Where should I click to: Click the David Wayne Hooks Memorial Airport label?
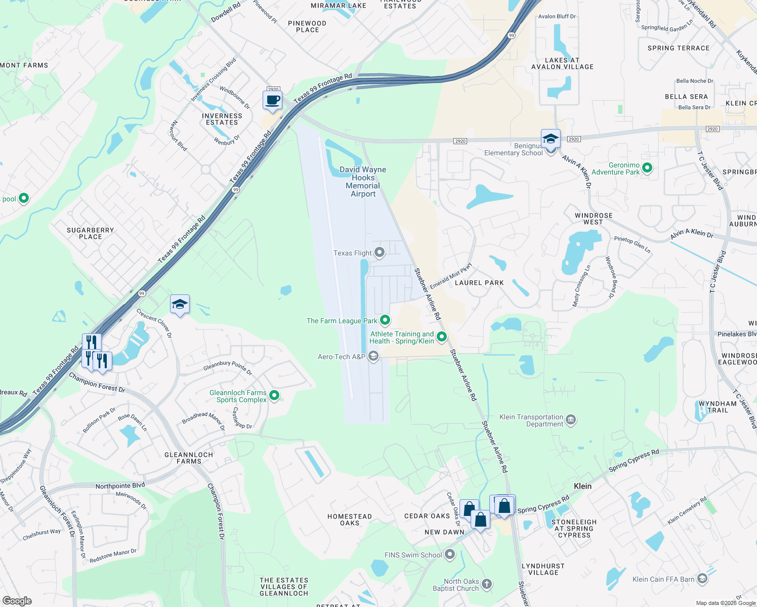tap(363, 182)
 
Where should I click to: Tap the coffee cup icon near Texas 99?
tap(272, 100)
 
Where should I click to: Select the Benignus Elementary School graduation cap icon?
tap(551, 139)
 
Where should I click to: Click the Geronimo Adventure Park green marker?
tap(647, 167)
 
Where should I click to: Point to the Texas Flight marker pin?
tap(380, 252)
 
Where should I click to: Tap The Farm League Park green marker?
tap(385, 320)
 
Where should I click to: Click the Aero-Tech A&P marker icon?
tap(373, 357)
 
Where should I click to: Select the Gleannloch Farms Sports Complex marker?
tap(274, 395)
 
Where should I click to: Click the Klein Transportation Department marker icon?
tap(571, 419)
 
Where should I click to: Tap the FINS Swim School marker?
tap(449, 554)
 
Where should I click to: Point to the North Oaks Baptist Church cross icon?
tap(486, 584)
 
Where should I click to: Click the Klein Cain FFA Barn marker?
tap(702, 579)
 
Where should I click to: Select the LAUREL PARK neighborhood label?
tap(479, 283)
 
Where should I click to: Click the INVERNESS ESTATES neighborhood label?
tap(222, 119)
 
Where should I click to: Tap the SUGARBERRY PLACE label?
tap(90, 233)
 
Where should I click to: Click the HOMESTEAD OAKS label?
tap(349, 519)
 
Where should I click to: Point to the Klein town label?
tap(582, 486)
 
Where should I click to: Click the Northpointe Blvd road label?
tap(120, 486)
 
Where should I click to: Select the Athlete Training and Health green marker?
tap(442, 336)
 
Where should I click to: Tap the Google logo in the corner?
tap(17, 600)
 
